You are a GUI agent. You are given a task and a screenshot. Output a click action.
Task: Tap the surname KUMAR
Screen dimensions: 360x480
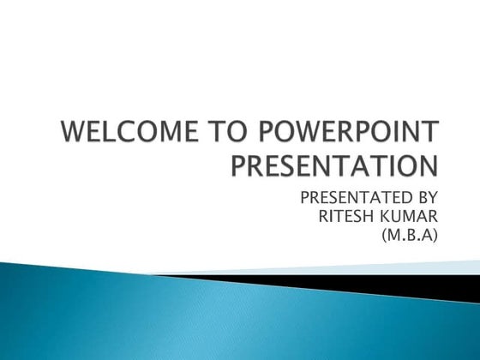[x=411, y=217]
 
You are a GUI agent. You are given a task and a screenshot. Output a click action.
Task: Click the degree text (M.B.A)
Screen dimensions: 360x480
[x=407, y=236]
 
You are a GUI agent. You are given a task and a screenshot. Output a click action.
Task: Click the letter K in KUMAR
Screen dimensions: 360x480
[x=387, y=217]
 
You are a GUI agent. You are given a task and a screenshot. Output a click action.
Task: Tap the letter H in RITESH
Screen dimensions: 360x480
[x=371, y=217]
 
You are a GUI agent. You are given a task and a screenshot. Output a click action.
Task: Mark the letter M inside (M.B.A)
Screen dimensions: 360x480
[x=390, y=236]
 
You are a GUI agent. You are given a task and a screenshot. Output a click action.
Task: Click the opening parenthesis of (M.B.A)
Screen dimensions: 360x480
[x=380, y=236]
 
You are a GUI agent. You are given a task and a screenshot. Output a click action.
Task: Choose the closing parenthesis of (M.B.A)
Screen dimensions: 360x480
[x=435, y=236]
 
